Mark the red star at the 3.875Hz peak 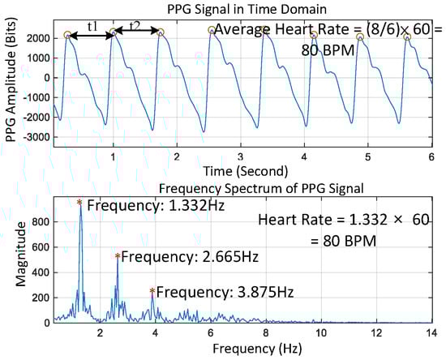(x=152, y=290)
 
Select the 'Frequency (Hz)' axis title (x=243, y=353)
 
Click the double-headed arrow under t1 (x=90, y=32)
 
